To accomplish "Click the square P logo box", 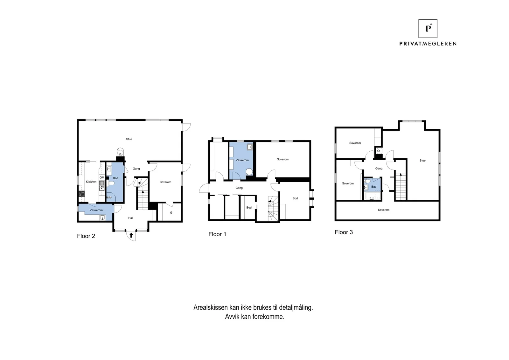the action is (428, 28).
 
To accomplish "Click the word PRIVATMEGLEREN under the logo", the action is (428, 44).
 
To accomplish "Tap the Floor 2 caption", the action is (86, 236).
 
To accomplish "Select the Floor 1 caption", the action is (217, 234).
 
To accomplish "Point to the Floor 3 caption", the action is (344, 232).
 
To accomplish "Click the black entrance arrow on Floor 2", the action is (131, 235).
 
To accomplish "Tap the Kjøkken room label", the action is (91, 182).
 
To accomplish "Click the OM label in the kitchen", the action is (102, 178).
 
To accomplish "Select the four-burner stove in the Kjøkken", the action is (81, 193).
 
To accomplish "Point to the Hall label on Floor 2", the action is (131, 218).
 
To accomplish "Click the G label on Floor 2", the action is (171, 212).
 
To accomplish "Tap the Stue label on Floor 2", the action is (129, 139).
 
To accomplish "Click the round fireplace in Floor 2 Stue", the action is (120, 151).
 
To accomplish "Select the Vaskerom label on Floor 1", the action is (242, 160).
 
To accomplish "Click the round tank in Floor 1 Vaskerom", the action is (249, 172).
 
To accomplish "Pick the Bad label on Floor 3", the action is (374, 187).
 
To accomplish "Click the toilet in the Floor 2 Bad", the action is (111, 183).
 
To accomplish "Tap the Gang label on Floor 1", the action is (239, 188).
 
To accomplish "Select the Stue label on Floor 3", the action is (422, 160).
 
